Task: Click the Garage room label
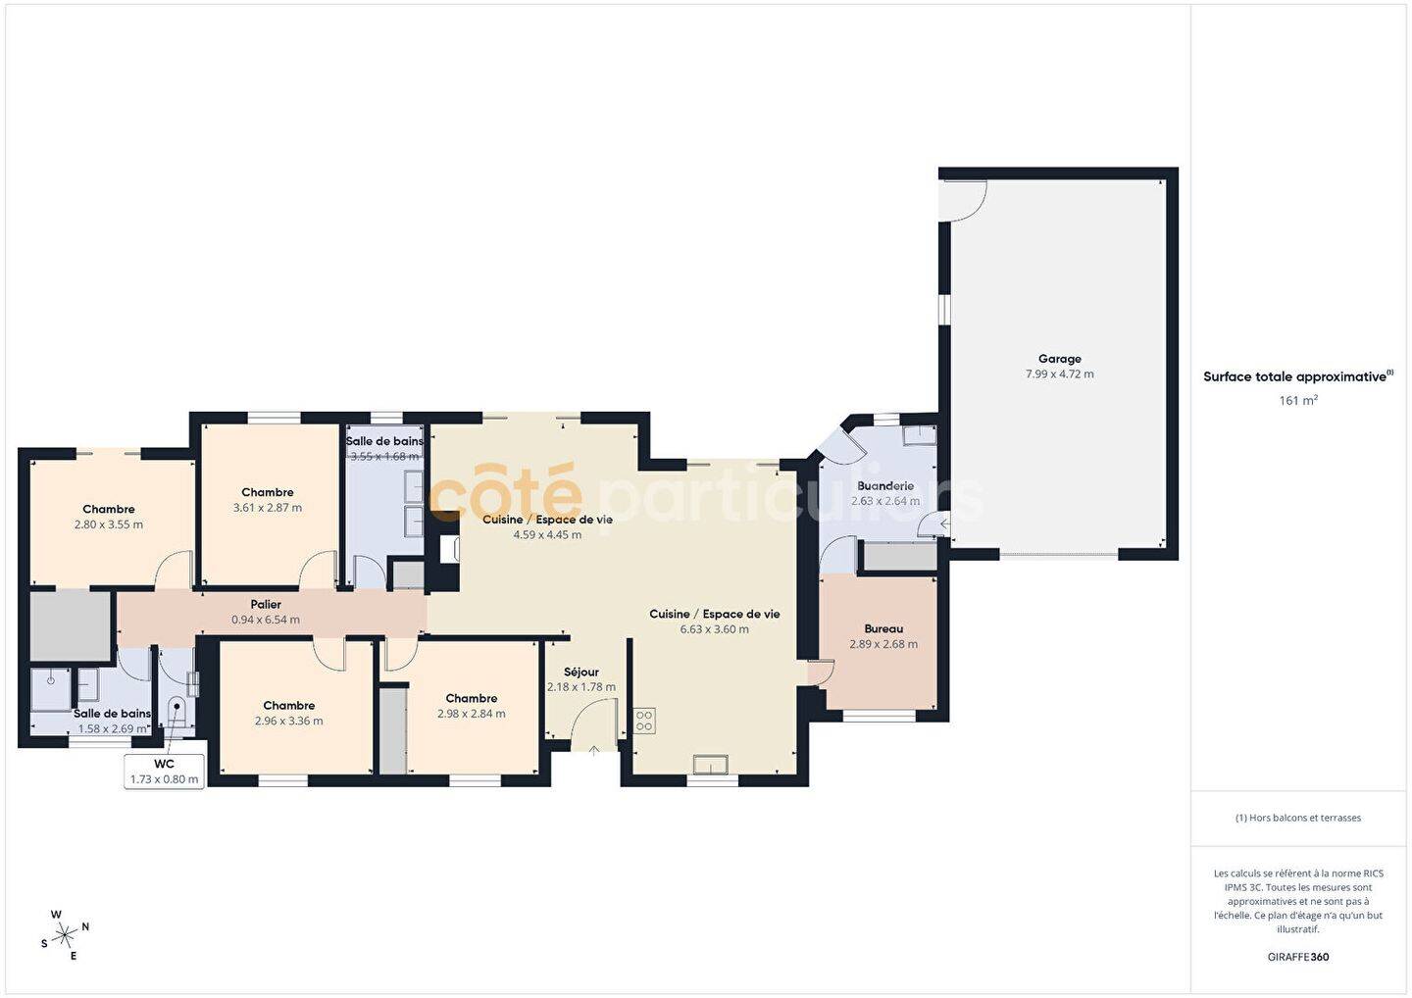[x=1060, y=359]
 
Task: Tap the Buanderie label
[x=885, y=486]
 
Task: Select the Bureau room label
[x=883, y=628]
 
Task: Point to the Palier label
[x=266, y=604]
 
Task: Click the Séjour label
[x=581, y=672]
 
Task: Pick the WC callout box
[x=165, y=772]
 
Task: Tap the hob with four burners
[x=644, y=721]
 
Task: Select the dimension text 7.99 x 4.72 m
[x=1060, y=374]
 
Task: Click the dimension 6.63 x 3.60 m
[x=714, y=628]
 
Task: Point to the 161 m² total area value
[x=1298, y=400]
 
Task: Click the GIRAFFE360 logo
[x=1298, y=957]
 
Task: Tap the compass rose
[x=65, y=935]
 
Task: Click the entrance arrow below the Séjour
[x=594, y=750]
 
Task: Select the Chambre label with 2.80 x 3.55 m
[x=109, y=509]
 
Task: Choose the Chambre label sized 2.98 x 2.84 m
[x=472, y=698]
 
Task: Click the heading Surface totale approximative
[x=1294, y=376]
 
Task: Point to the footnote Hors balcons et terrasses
[x=1298, y=818]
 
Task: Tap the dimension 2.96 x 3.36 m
[x=288, y=721]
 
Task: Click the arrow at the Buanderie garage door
[x=944, y=523]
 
